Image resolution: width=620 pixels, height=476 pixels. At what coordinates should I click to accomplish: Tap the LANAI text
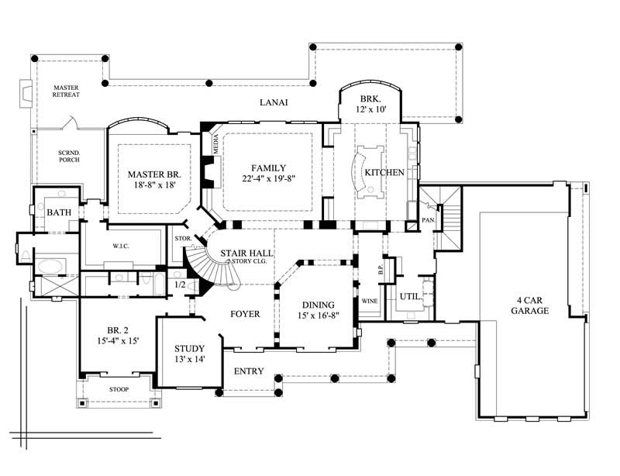(273, 102)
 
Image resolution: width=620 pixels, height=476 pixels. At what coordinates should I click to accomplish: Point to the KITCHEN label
(385, 172)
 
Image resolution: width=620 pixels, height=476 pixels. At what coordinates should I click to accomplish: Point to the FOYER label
(244, 314)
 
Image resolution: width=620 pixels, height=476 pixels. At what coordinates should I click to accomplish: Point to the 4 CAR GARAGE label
(531, 305)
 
